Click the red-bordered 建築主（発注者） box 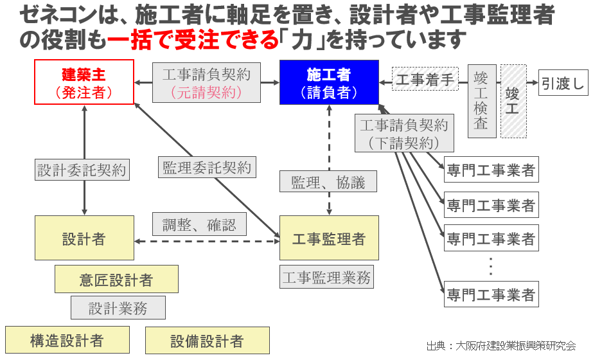coord(84,82)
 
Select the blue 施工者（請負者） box coord(329,82)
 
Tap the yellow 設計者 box coord(84,238)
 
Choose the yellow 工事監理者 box coord(329,238)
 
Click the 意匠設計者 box coord(116,279)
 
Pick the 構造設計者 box coord(67,340)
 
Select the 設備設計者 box coord(207,340)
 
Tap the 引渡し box coord(563,83)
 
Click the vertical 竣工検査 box coord(481,101)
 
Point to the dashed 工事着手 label coord(425,79)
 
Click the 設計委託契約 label coord(82,170)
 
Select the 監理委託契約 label coord(207,168)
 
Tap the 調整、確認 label coord(199,224)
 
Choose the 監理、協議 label coord(328,182)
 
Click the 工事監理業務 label coord(327,278)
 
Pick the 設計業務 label coord(118,308)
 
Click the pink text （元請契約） coord(206,92)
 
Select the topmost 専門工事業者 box coord(491,171)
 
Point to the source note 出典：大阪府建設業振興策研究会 coord(500,345)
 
